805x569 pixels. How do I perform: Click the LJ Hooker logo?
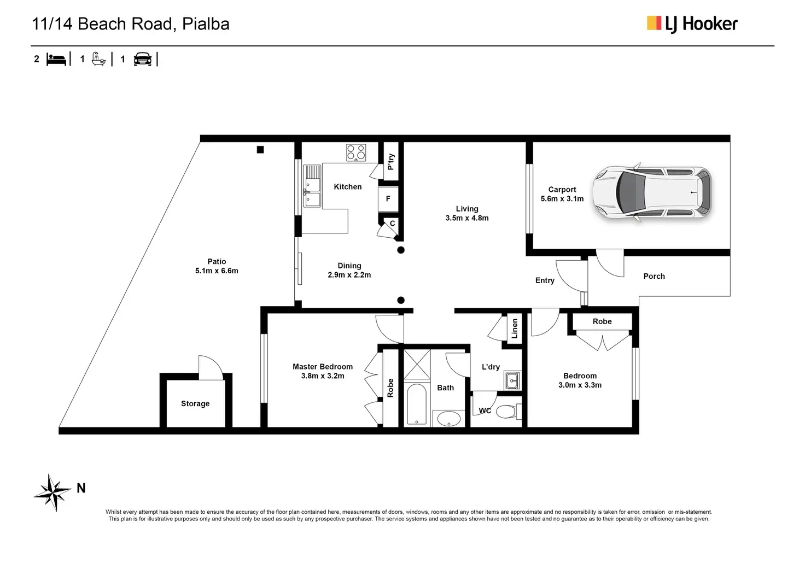[692, 24]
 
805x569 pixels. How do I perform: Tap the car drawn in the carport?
[652, 193]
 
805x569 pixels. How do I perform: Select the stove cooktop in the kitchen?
[356, 152]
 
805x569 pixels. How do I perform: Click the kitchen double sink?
[313, 186]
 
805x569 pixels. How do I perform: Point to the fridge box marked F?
[388, 199]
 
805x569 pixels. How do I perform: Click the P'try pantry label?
[390, 162]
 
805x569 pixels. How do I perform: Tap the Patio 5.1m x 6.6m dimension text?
[217, 271]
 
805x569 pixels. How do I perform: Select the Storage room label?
[195, 403]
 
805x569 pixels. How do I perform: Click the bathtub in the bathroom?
[417, 404]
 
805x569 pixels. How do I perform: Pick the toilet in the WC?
[506, 410]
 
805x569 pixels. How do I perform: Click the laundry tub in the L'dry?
[512, 380]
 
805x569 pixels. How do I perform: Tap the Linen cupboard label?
[514, 329]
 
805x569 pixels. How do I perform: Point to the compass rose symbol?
[52, 492]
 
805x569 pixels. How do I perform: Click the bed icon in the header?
[56, 59]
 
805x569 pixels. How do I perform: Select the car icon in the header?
[143, 59]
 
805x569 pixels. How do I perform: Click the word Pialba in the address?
[206, 24]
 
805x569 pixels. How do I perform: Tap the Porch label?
[654, 276]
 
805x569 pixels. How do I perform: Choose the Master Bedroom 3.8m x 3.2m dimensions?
[323, 376]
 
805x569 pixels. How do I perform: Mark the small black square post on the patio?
[260, 150]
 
